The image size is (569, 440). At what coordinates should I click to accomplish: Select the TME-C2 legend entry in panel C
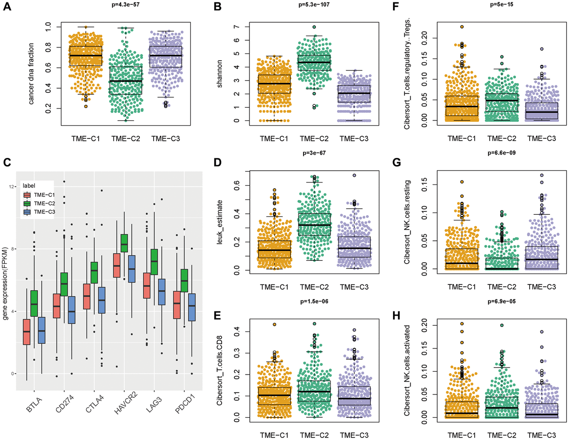[45, 203]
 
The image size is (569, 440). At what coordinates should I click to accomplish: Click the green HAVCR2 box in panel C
[124, 243]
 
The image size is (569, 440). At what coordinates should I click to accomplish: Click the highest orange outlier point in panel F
[462, 27]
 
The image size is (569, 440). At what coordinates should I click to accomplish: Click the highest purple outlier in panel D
[354, 175]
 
